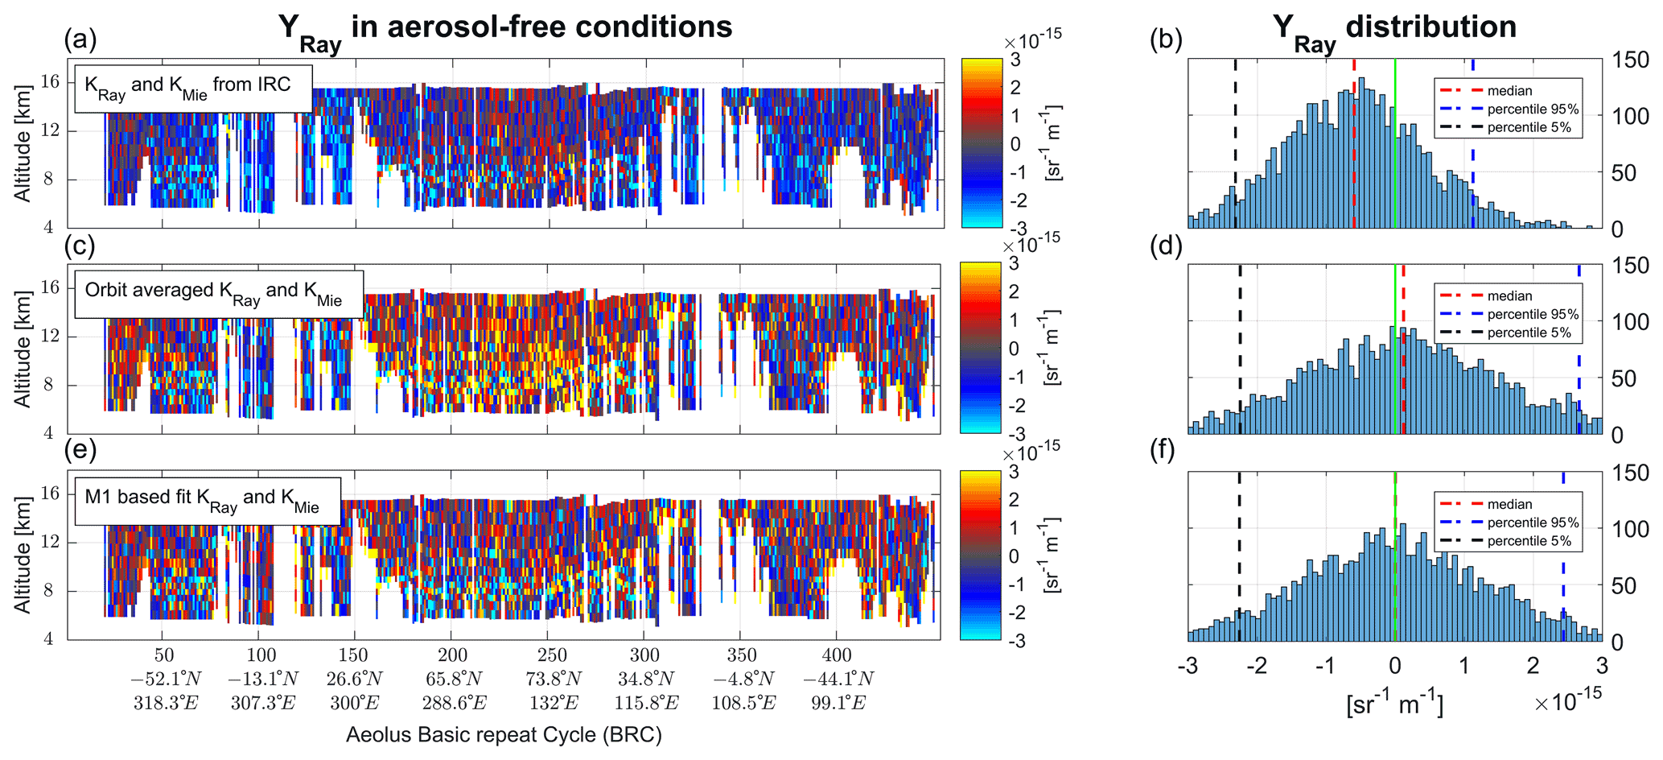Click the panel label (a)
[x=80, y=39]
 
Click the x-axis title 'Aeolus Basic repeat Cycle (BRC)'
[x=504, y=735]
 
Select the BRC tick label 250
[x=552, y=655]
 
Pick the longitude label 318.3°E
[x=165, y=703]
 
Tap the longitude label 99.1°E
[x=838, y=703]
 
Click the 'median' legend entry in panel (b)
[x=1509, y=91]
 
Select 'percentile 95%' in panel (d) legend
[x=1533, y=314]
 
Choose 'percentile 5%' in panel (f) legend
[x=1529, y=541]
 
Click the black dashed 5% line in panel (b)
[x=1236, y=145]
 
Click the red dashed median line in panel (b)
[x=1354, y=145]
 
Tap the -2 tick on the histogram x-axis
[x=1257, y=665]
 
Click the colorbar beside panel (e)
[x=981, y=556]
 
